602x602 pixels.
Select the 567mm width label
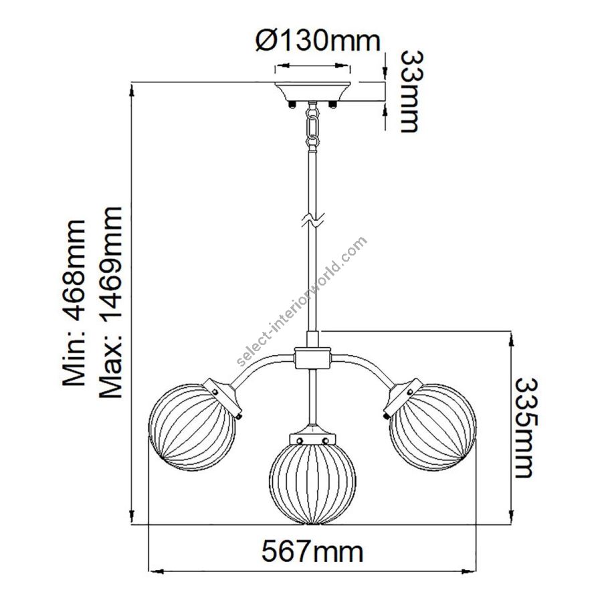312,552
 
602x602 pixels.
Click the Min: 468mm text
74,302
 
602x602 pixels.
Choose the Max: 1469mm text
110,302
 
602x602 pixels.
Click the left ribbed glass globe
191,427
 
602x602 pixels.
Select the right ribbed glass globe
433,427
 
